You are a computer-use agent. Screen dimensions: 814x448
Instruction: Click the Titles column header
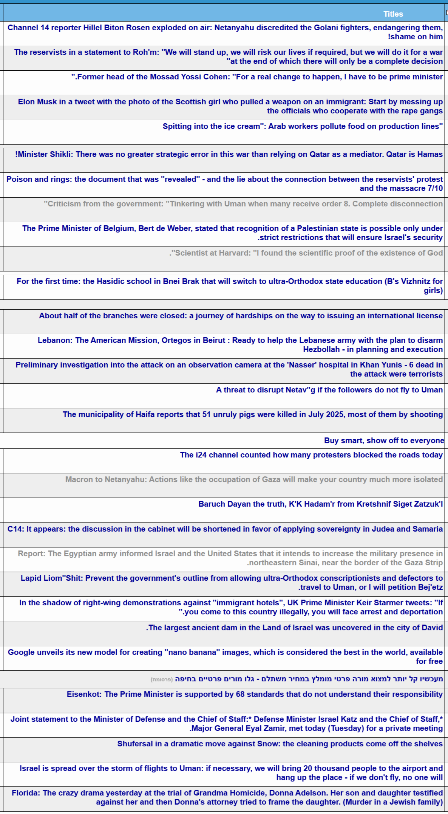[393, 14]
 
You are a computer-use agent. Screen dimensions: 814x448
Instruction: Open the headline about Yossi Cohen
[257, 77]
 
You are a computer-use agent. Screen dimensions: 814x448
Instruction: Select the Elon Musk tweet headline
[230, 106]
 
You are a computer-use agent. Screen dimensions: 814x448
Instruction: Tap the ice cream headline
[303, 126]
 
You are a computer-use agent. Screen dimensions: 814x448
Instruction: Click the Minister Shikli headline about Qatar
[229, 154]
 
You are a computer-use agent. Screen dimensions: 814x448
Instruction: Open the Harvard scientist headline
[306, 253]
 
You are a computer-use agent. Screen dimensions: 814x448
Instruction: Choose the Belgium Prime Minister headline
[232, 233]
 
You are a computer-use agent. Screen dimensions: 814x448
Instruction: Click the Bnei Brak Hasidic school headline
[230, 286]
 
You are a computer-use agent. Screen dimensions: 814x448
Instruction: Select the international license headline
[241, 316]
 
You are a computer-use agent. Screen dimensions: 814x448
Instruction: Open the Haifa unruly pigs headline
[253, 414]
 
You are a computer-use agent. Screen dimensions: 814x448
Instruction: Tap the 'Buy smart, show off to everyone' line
[384, 440]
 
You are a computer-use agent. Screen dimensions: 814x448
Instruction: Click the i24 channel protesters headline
[311, 455]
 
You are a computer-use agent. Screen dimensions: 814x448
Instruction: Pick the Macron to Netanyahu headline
[254, 479]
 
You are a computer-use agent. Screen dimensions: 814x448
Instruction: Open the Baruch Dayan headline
[320, 504]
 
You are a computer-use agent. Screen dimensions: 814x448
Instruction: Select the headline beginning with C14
[225, 529]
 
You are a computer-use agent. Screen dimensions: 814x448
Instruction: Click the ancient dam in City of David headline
[294, 628]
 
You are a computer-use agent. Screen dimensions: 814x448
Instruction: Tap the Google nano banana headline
[225, 657]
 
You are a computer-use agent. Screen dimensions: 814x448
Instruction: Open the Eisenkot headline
[255, 694]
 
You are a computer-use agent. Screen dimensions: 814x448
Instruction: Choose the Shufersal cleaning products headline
[280, 744]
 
